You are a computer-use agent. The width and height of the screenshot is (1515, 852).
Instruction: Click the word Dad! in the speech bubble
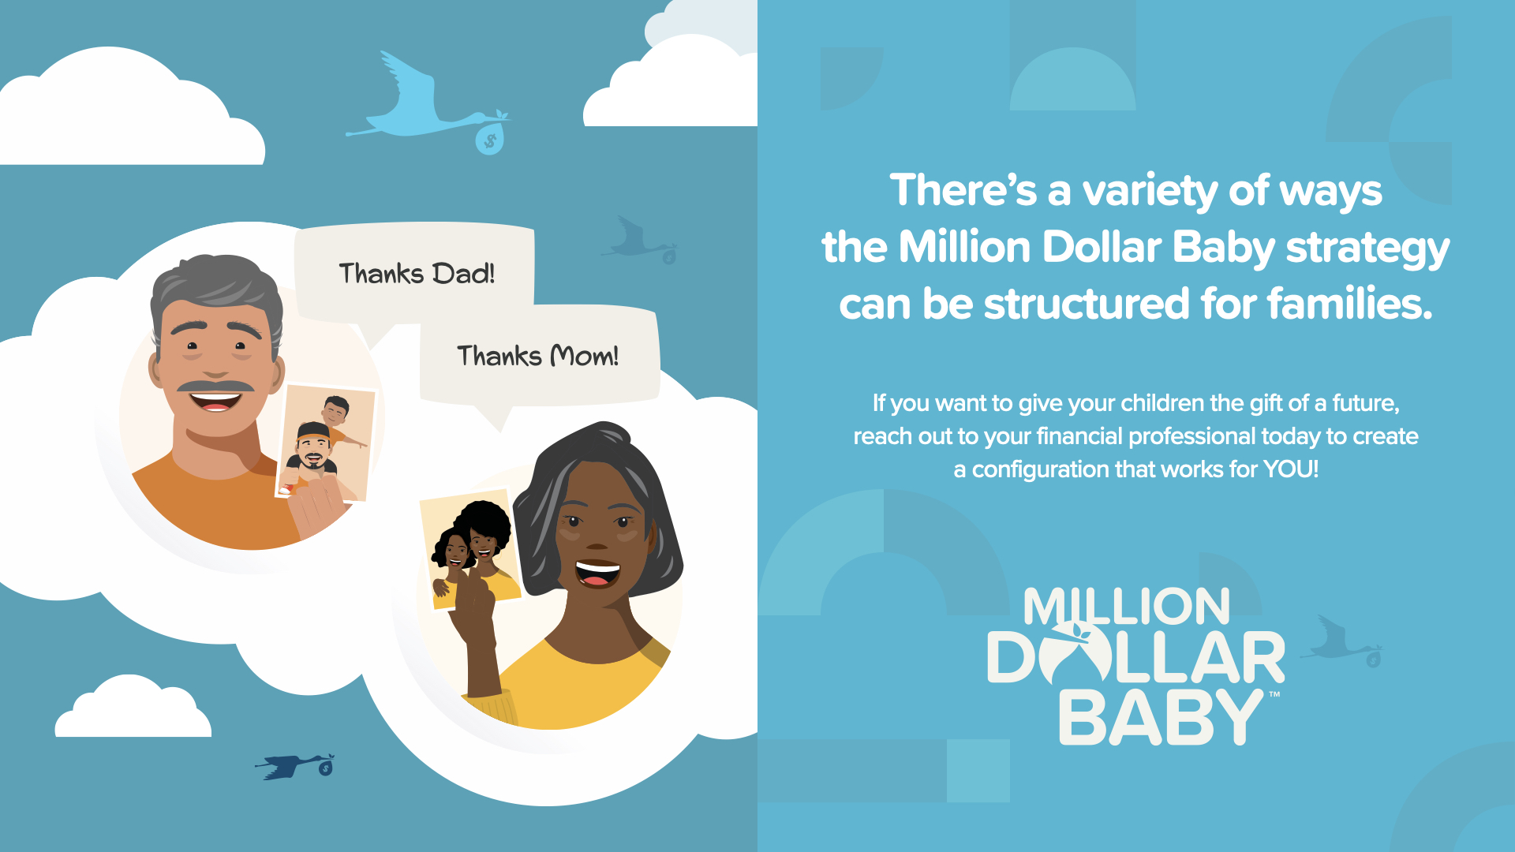tap(463, 274)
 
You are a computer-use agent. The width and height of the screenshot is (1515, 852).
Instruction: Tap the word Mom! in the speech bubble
tap(584, 356)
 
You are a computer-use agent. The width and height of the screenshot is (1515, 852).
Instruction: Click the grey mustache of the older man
tap(215, 386)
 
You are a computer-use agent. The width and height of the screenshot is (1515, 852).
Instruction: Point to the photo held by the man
tap(325, 443)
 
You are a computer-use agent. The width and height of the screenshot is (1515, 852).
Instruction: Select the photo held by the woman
tap(469, 549)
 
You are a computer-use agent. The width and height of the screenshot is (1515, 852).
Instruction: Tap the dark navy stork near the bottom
tap(295, 766)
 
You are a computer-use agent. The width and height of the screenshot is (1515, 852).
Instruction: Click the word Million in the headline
tap(965, 247)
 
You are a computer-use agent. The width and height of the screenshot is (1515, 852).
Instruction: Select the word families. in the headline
tap(1350, 304)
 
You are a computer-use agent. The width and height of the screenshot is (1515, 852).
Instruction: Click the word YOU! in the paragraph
tap(1291, 469)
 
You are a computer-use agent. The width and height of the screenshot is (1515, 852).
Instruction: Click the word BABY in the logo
tap(1161, 717)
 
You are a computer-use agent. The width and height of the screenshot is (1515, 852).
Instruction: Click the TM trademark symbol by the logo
tap(1274, 695)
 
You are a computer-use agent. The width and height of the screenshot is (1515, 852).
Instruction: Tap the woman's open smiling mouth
tap(597, 573)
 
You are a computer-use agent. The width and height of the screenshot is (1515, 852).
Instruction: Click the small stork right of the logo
tap(1341, 641)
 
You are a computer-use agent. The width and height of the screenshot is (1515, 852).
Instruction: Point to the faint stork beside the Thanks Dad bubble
tap(639, 241)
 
